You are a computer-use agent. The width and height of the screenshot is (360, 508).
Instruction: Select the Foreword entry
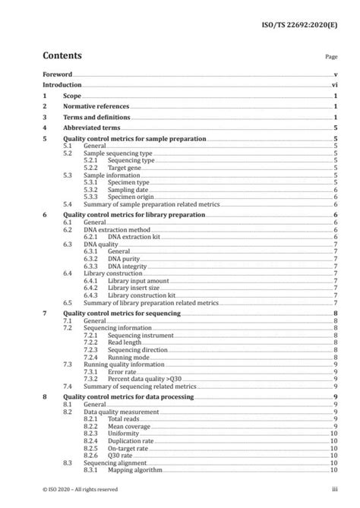pos(58,75)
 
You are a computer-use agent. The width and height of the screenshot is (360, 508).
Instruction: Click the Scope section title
pos(72,97)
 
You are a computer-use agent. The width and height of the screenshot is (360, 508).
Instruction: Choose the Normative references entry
pos(96,107)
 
